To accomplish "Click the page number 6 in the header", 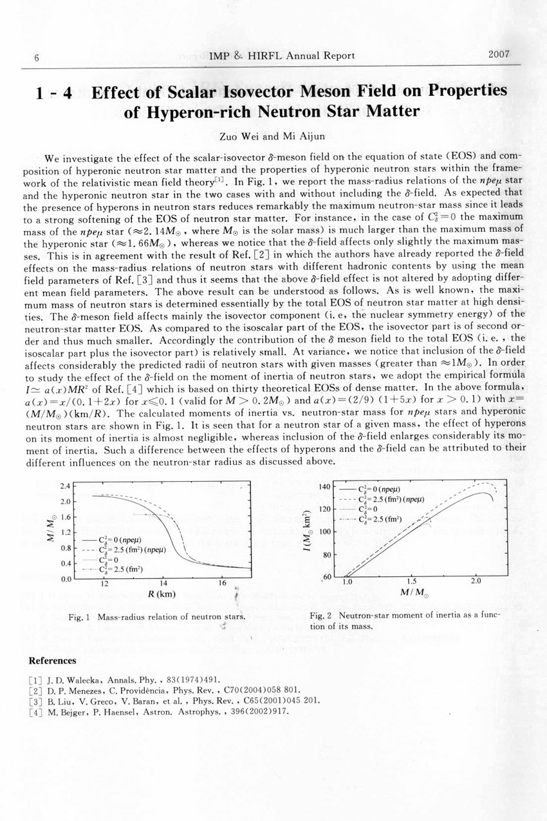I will tap(37, 57).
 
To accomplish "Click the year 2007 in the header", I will tap(499, 55).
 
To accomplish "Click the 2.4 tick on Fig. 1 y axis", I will tap(64, 486).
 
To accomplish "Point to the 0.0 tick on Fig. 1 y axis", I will tap(64, 579).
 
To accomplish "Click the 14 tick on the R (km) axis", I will tap(163, 584).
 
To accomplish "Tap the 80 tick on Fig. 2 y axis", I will tap(326, 555).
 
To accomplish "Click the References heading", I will tap(53, 661).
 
